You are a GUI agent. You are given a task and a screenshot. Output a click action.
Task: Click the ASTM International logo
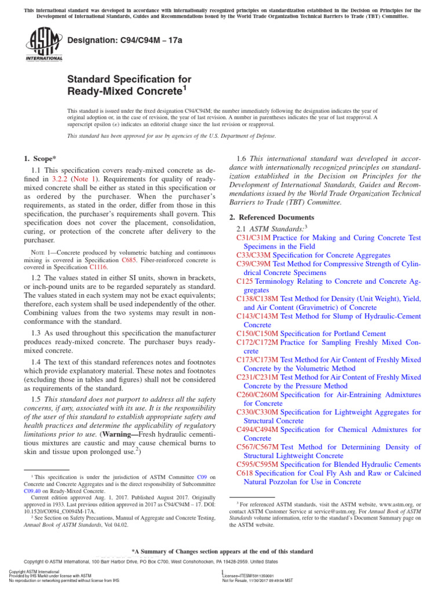coord(43,45)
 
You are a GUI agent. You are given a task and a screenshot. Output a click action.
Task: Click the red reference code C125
coord(245,281)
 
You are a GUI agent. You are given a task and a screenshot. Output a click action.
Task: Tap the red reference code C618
coord(245,473)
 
